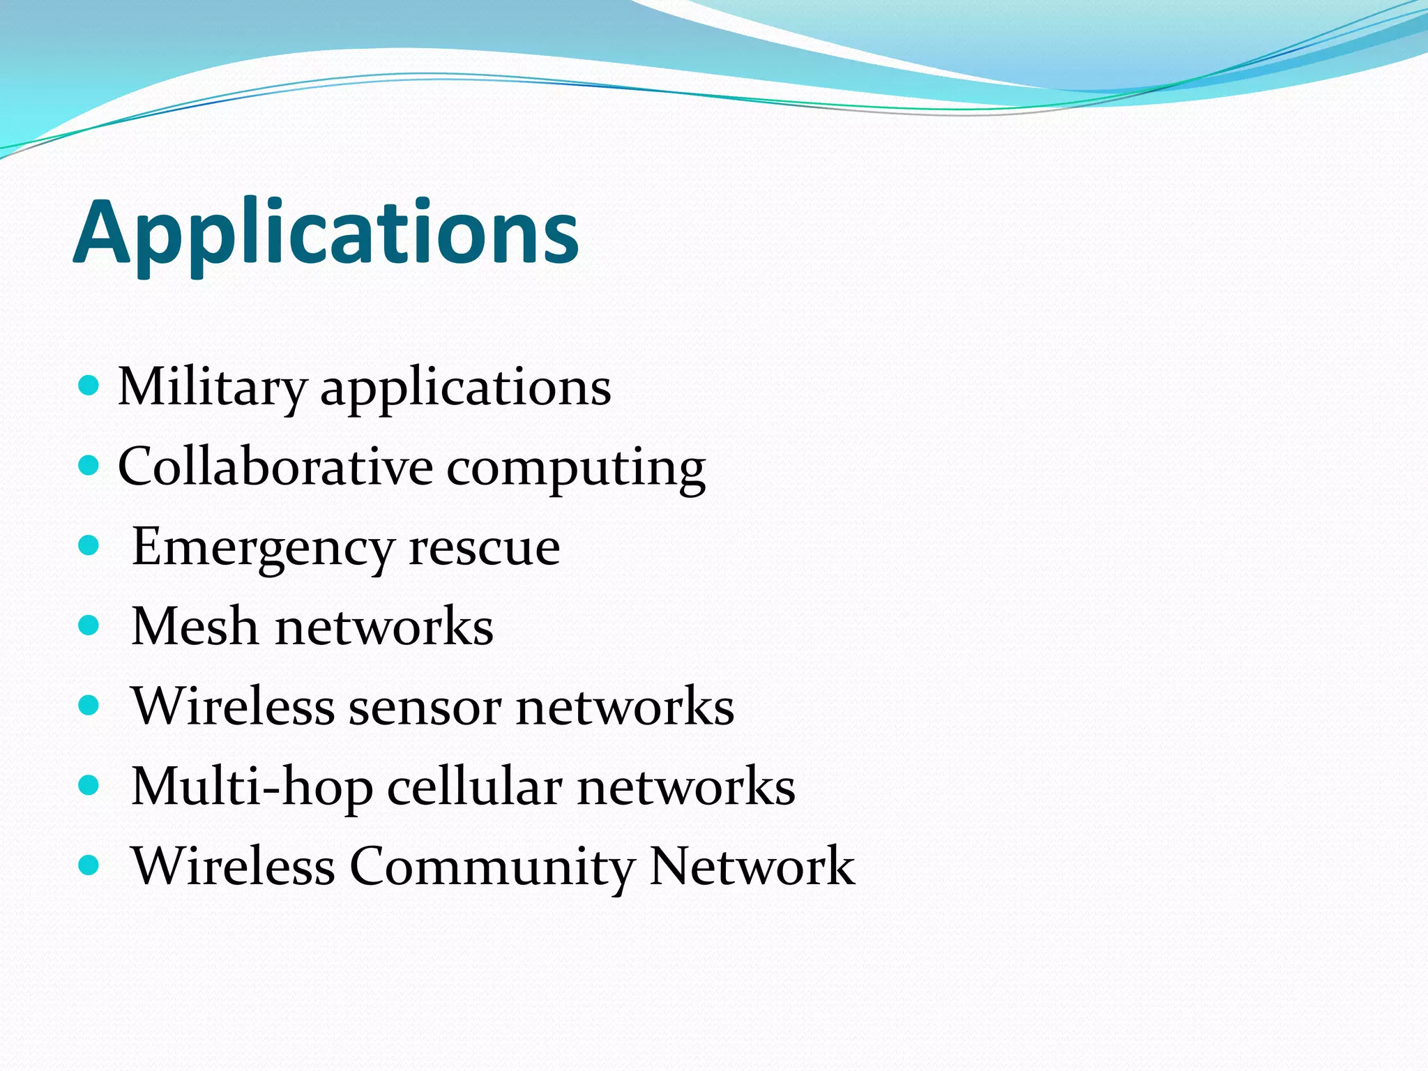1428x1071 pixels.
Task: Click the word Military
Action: (211, 387)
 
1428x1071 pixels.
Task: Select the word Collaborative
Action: (275, 466)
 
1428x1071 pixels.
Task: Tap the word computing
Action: (576, 469)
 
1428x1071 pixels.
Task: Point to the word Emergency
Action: (263, 548)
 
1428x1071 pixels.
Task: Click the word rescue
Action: (484, 548)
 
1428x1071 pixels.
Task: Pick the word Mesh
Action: (195, 626)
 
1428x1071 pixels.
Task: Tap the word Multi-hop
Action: (252, 787)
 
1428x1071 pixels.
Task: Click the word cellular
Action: (474, 787)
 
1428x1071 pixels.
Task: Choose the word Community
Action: (492, 867)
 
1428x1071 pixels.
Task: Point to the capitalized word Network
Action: (752, 866)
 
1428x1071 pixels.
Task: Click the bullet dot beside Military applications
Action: (89, 386)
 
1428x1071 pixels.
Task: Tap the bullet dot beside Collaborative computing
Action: (89, 465)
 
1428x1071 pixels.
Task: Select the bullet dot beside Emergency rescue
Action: (89, 545)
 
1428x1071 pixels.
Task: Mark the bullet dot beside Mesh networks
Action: (89, 625)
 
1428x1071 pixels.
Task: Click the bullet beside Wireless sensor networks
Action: (89, 706)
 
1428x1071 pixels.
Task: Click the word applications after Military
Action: (465, 388)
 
